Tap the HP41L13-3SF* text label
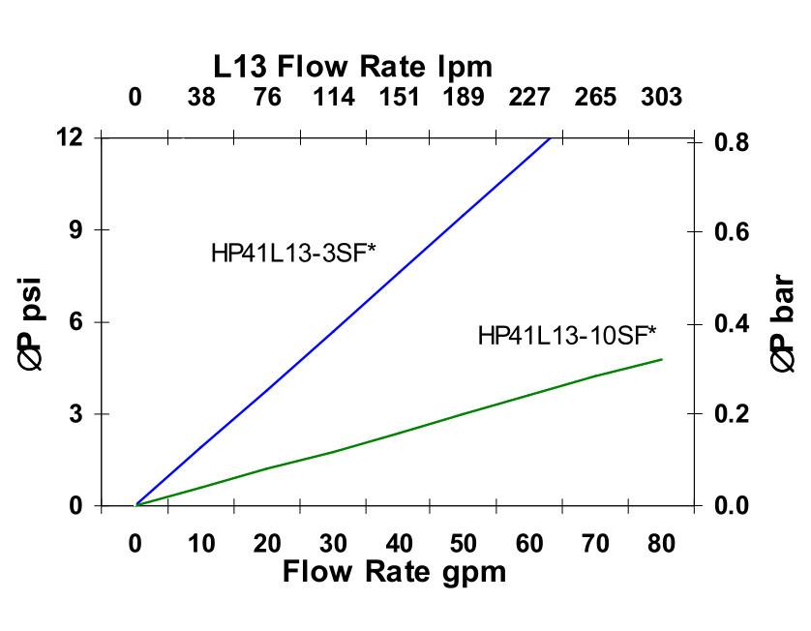tap(293, 254)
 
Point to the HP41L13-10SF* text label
tap(567, 336)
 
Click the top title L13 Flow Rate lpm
tap(353, 67)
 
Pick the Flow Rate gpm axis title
tap(394, 572)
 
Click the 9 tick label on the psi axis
tap(75, 229)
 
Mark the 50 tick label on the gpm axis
tap(465, 544)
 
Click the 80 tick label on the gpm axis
tap(661, 544)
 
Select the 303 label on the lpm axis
tap(661, 98)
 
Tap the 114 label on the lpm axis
tap(333, 98)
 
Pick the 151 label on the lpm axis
tap(399, 98)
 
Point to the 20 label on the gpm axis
tap(267, 544)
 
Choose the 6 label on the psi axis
tap(75, 322)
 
